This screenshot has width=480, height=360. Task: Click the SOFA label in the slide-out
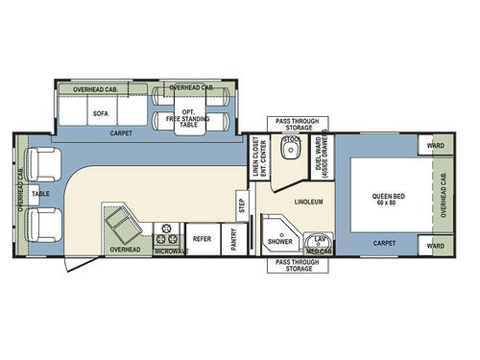100,112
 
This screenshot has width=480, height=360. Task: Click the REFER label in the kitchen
201,238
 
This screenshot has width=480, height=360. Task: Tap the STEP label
242,204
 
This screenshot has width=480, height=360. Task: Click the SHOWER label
280,243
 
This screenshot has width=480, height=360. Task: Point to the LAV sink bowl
318,239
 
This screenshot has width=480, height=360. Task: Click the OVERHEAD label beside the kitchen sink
125,250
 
